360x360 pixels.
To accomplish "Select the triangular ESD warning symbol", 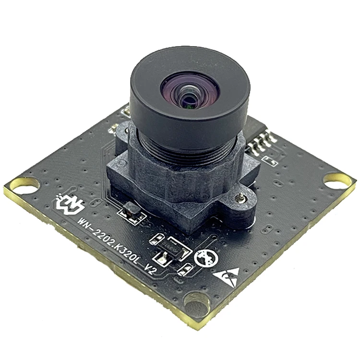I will point(228,277).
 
